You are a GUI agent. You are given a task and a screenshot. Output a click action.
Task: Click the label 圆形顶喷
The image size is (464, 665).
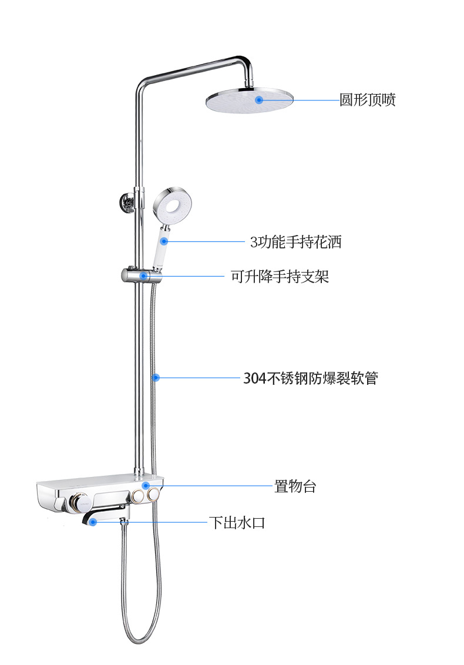click(x=368, y=100)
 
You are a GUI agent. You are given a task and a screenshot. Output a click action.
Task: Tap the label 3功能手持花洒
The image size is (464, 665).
click(x=295, y=241)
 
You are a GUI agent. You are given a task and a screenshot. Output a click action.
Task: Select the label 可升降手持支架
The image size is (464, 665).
click(x=280, y=276)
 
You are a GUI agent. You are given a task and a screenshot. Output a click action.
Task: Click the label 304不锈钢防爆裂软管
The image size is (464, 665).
click(x=311, y=378)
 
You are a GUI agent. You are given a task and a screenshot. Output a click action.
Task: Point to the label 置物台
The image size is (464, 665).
click(x=295, y=486)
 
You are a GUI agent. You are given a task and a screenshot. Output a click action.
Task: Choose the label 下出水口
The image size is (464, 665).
click(x=237, y=522)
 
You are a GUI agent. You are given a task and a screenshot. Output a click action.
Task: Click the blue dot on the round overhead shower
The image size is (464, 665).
click(x=259, y=100)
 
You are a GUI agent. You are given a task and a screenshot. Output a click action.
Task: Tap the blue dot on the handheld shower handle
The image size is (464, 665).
click(x=165, y=241)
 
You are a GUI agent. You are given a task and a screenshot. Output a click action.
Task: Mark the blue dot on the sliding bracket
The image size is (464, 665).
click(x=143, y=276)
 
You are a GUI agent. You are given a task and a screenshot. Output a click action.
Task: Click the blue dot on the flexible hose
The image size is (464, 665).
click(x=156, y=377)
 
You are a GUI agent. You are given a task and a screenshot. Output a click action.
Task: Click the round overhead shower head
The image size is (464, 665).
click(x=250, y=101)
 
